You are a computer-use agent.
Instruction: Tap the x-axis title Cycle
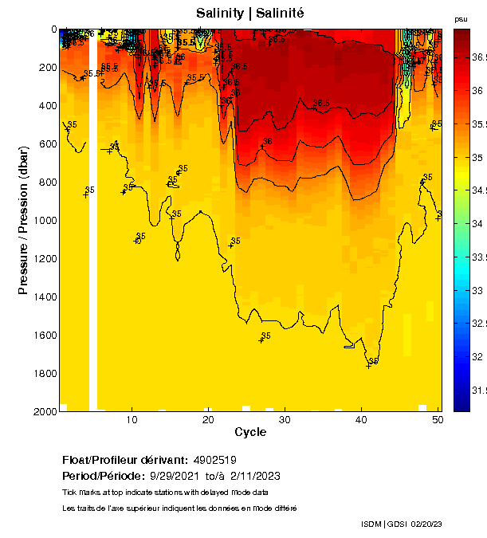(250, 432)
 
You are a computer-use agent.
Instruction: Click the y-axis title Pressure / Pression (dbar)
(24, 219)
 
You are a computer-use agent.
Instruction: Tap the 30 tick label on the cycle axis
(285, 419)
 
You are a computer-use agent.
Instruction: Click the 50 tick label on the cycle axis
(438, 419)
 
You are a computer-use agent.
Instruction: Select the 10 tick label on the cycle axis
(132, 419)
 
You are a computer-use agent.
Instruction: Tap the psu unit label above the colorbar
(461, 19)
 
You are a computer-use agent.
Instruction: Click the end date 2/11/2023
(255, 476)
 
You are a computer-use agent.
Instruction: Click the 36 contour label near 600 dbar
(268, 142)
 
